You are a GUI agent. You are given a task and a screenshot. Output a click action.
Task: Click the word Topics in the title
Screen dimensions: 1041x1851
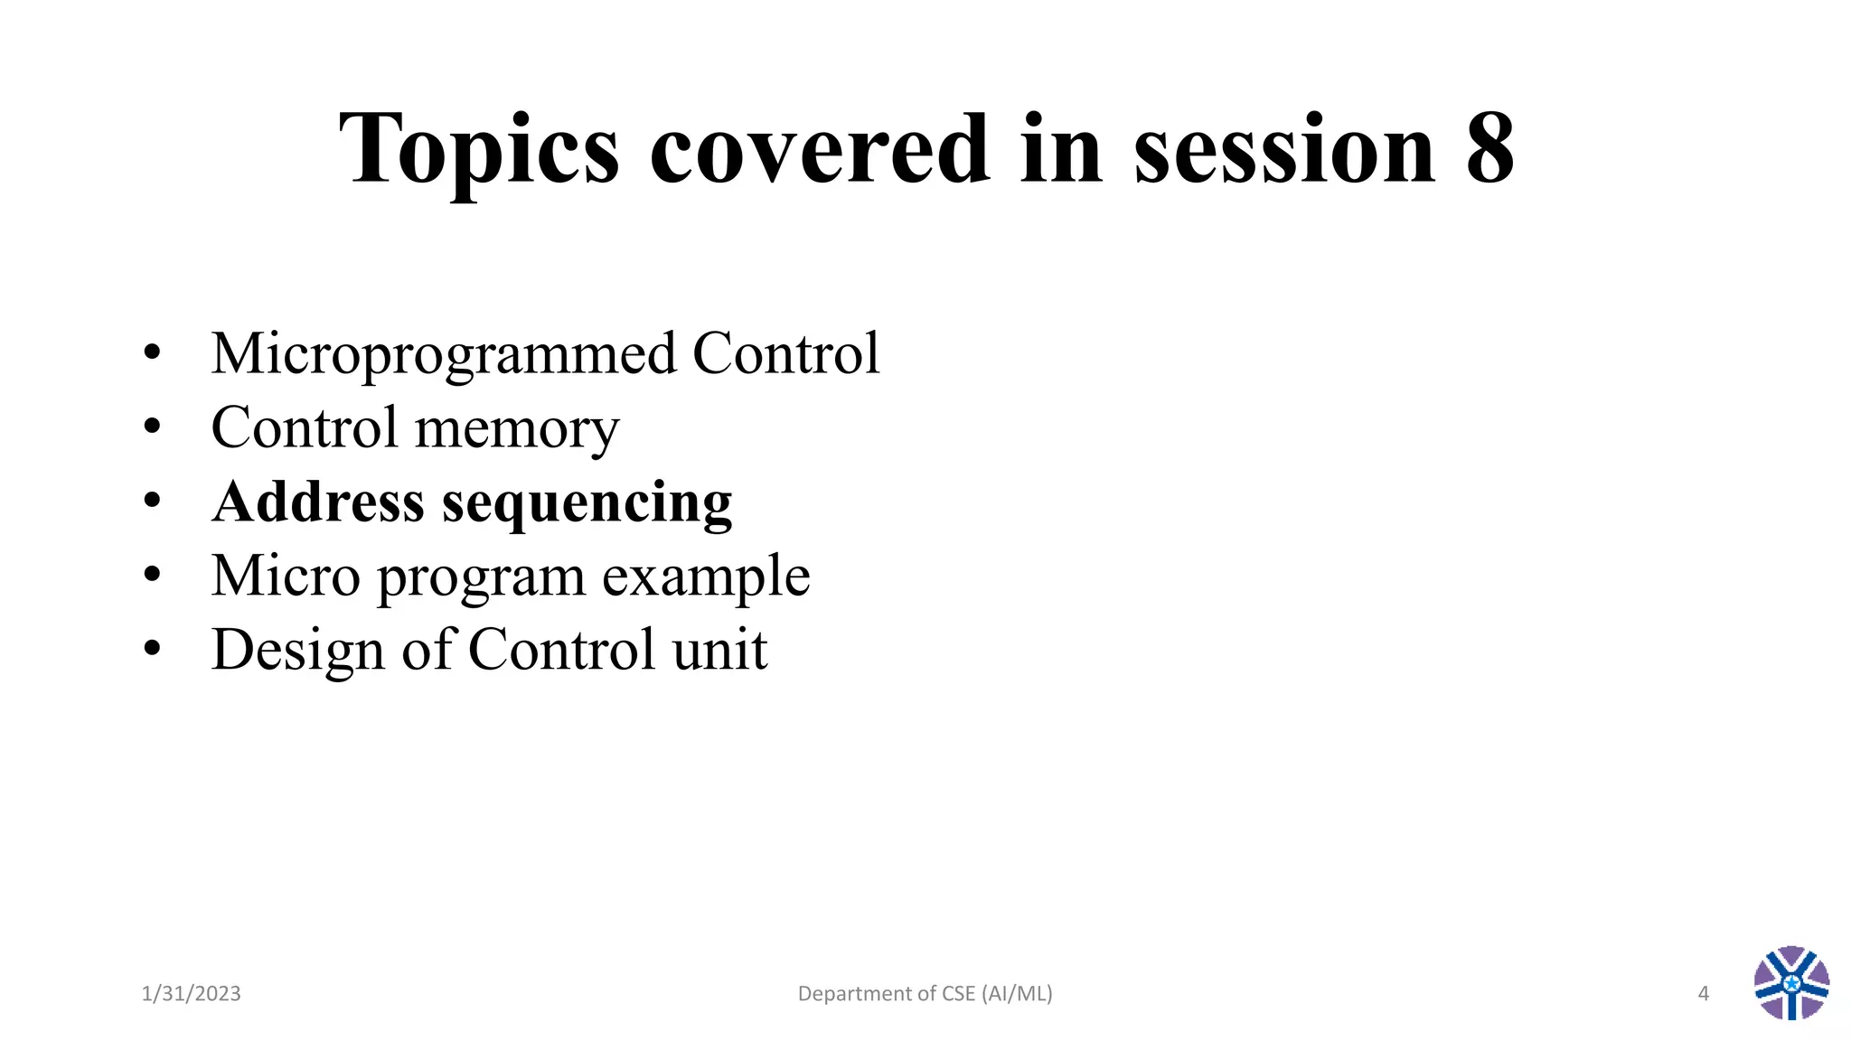click(479, 149)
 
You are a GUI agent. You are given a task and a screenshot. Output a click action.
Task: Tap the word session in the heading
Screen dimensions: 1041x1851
click(1284, 149)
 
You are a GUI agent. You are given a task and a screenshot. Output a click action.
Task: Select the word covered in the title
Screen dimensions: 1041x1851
click(819, 149)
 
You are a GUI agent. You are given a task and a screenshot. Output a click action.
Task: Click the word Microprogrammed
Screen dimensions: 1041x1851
click(443, 353)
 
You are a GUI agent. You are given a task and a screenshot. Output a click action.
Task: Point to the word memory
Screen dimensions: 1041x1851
click(517, 428)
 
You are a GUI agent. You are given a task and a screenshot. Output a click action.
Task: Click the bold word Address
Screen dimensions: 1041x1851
click(317, 502)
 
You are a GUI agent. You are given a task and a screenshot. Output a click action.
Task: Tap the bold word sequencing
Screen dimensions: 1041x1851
click(587, 503)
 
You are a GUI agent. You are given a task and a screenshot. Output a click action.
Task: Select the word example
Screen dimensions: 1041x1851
click(706, 577)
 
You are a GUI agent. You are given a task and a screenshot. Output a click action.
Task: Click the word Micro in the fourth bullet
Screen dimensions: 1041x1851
click(286, 576)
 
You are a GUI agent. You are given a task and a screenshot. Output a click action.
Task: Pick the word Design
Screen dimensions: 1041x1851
click(297, 650)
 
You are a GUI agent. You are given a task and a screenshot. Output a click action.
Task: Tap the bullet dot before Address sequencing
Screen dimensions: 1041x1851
click(152, 500)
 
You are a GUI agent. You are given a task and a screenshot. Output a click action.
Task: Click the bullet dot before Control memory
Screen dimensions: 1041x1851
click(152, 426)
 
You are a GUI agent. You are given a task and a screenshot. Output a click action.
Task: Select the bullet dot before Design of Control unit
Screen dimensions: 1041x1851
click(152, 648)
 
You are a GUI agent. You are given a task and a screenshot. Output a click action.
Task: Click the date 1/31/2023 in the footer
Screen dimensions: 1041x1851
click(191, 994)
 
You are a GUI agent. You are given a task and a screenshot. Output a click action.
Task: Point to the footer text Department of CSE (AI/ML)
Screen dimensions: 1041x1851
click(925, 994)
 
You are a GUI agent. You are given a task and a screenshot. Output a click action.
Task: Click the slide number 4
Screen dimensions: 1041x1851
click(1704, 994)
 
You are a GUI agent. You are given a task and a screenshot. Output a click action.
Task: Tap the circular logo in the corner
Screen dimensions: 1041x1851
click(1791, 983)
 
